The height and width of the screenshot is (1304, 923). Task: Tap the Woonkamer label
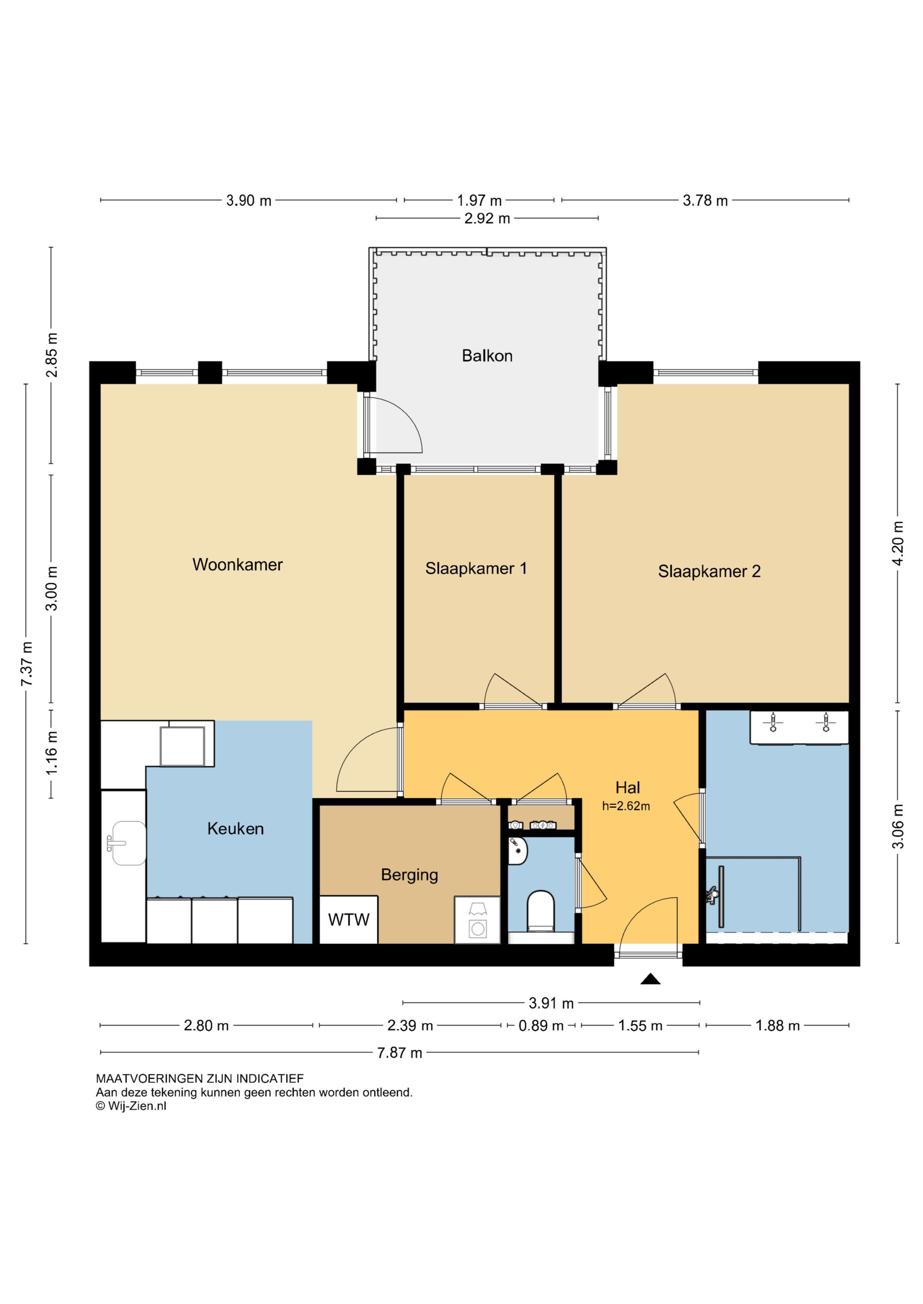coord(238,565)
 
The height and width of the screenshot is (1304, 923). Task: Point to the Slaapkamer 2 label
coord(709,571)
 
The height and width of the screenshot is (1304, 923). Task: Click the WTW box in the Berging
coord(348,920)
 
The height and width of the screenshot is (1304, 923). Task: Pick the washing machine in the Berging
coord(477,920)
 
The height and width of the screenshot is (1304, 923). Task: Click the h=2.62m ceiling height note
coord(626,806)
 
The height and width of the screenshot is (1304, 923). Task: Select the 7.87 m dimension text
coord(400,1053)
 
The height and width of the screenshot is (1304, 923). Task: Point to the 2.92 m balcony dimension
coord(487,219)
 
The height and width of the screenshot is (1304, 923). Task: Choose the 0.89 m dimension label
coord(541,1026)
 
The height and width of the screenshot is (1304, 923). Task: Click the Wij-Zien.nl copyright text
coord(131,1106)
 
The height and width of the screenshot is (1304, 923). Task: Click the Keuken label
coord(235,829)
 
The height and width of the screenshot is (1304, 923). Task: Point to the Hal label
coord(627,788)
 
